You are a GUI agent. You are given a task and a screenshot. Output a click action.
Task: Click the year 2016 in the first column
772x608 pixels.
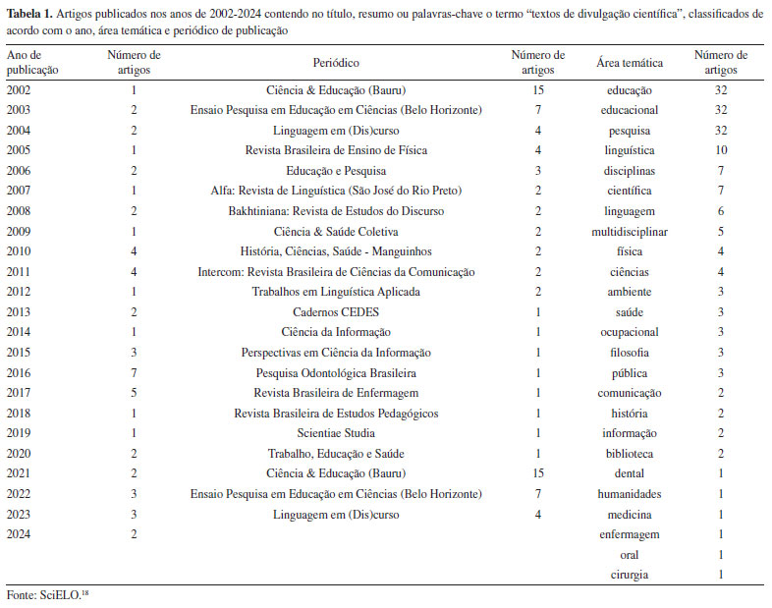(19, 373)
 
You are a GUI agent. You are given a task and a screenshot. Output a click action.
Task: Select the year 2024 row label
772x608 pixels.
(19, 533)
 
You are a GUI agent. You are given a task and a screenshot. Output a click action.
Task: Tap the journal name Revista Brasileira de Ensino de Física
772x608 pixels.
(336, 150)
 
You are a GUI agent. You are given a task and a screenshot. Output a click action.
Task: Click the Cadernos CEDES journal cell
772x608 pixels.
(336, 311)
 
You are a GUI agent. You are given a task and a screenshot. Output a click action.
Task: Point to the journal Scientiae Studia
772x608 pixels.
(336, 432)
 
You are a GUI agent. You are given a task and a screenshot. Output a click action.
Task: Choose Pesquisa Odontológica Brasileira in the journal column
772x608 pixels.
(336, 373)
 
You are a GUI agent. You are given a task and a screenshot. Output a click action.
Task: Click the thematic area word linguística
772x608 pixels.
(630, 150)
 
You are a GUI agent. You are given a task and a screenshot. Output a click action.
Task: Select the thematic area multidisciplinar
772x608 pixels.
(630, 231)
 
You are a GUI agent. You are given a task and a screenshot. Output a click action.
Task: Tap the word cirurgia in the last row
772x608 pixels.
(630, 574)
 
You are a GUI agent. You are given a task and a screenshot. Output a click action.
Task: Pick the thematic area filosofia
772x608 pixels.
(630, 352)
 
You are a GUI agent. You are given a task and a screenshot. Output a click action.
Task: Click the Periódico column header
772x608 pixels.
(336, 62)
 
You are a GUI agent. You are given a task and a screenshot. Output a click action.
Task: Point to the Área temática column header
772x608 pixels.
(630, 62)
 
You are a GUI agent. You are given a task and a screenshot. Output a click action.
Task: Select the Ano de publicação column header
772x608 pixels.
(32, 62)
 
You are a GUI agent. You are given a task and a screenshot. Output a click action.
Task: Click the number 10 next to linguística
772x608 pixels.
(720, 150)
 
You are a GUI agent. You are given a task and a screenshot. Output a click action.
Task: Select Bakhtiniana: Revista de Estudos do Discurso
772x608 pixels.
(336, 211)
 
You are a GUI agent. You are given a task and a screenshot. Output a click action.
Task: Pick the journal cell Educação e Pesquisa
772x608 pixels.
(336, 171)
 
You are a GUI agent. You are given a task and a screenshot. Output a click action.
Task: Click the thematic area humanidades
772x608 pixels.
(630, 493)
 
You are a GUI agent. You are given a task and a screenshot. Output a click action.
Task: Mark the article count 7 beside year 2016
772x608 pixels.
(134, 373)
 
